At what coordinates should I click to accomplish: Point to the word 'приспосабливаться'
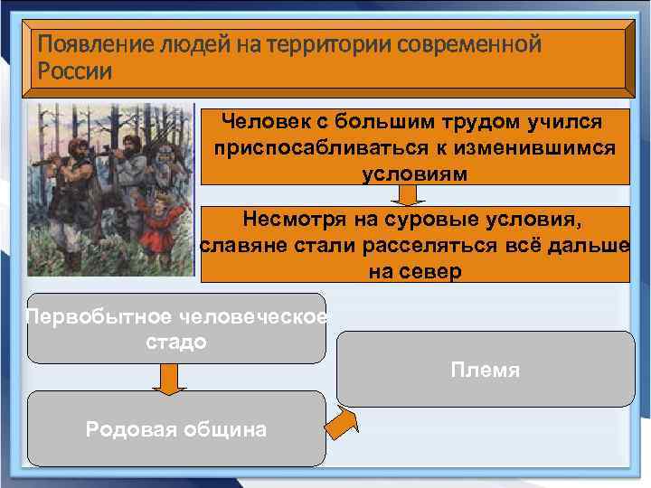[335, 147]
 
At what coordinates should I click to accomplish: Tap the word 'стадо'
[175, 343]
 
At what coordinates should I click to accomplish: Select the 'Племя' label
[486, 370]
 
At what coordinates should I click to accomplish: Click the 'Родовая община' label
[176, 429]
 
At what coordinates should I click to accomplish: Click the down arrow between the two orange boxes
[409, 195]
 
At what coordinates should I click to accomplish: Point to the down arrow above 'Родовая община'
[169, 378]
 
